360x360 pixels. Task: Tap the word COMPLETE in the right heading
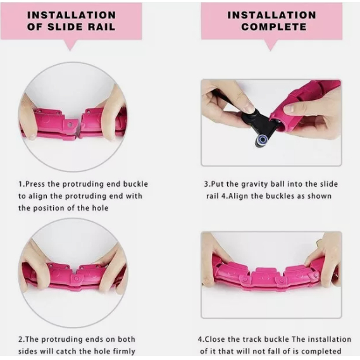pos(274,27)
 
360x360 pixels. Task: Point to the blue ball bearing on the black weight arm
pos(261,139)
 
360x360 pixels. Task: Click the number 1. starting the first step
pos(22,184)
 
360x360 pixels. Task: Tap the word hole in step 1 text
pos(100,208)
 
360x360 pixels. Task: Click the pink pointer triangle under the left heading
pos(70,45)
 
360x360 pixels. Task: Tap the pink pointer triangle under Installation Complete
pos(271,45)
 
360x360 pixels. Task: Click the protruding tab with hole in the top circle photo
pos(70,125)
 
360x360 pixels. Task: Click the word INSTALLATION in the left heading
pos(71,15)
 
